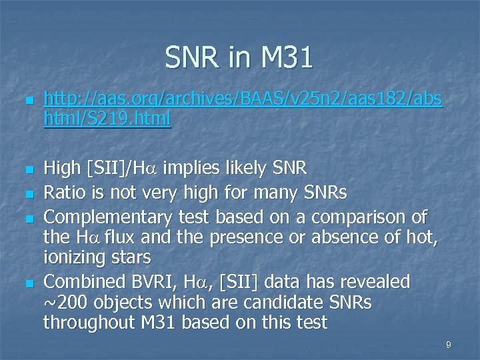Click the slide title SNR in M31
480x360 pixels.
point(239,59)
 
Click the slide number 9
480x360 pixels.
point(449,345)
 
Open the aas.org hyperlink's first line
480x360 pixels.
point(242,99)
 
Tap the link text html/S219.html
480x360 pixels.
point(107,119)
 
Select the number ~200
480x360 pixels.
point(69,303)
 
